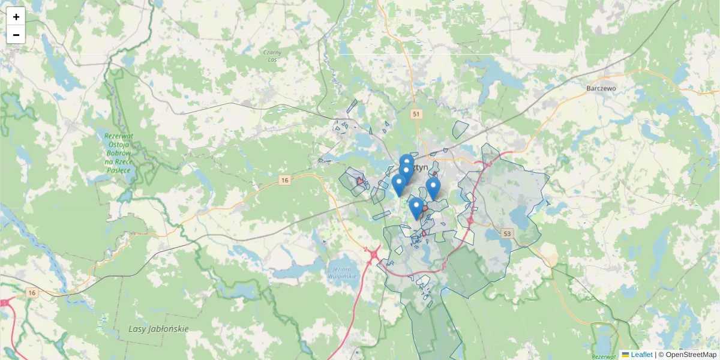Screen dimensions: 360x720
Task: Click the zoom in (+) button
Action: click(x=16, y=17)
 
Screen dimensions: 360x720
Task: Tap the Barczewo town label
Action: click(x=601, y=88)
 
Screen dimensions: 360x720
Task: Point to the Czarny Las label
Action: click(x=272, y=56)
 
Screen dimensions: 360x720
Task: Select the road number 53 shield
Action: click(x=508, y=233)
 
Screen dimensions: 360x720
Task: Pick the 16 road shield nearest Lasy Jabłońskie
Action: click(x=32, y=293)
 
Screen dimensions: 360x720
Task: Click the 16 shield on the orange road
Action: click(x=284, y=180)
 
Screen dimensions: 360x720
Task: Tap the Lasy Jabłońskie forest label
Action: click(x=158, y=329)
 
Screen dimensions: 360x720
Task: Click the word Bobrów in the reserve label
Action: click(x=119, y=153)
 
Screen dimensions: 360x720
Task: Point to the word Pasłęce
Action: click(x=118, y=170)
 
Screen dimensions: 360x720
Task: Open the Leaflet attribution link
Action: click(x=641, y=355)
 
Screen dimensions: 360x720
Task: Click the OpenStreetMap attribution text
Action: click(x=691, y=355)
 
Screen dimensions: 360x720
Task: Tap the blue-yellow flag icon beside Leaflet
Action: click(x=625, y=355)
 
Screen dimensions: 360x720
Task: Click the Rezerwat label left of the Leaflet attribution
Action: click(x=603, y=356)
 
